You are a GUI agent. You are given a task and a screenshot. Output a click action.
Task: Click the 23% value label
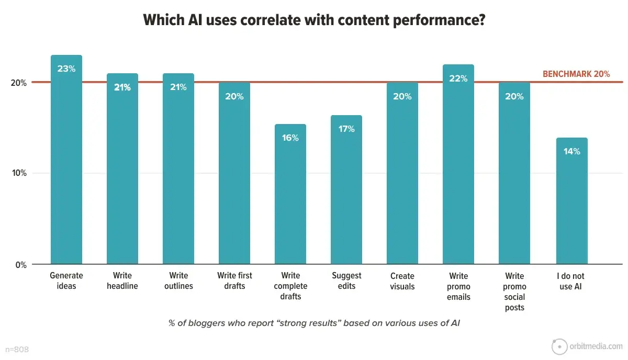point(66,68)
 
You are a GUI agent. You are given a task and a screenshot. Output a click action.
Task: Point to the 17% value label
point(346,129)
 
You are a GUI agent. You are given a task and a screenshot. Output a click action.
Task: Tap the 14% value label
point(572,151)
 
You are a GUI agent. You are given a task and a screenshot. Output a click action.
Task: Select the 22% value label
point(458,78)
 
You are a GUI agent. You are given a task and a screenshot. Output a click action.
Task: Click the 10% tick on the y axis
point(19,174)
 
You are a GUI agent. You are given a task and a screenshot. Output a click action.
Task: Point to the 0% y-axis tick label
point(21,265)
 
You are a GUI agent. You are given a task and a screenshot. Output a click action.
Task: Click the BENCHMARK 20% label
point(576,74)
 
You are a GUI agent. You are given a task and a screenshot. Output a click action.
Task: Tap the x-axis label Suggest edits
point(346,280)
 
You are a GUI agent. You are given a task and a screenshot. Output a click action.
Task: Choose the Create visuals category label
point(402,280)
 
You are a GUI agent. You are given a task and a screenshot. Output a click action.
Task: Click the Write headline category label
point(122,280)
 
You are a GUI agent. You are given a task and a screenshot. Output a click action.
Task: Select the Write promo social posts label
point(514,291)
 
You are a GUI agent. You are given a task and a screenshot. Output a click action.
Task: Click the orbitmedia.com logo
point(588,346)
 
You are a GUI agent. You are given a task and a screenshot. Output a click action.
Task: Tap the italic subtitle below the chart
point(315,323)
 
